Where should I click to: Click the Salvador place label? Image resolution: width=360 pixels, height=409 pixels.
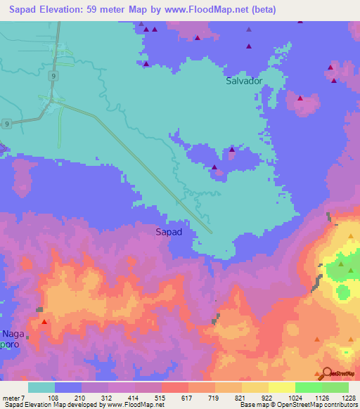pos(244,81)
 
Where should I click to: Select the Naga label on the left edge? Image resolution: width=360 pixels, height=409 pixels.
pos(14,333)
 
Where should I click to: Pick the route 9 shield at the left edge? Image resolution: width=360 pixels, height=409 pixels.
pos(6,124)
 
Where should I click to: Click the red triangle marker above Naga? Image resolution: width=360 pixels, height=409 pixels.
pos(44,322)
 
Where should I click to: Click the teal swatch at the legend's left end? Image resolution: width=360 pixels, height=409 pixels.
pos(41,387)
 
